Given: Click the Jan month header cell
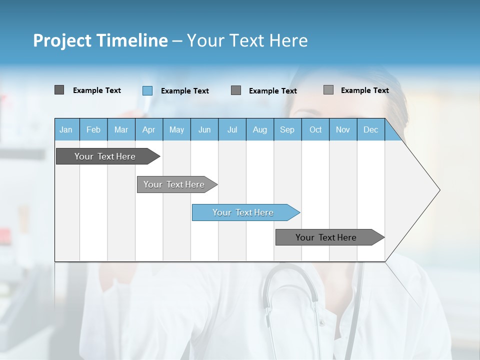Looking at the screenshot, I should [66, 129].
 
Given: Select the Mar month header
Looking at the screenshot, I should [121, 129].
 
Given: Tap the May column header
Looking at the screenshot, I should [176, 129].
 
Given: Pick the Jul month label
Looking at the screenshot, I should [232, 129].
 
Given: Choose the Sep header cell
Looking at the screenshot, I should [287, 129].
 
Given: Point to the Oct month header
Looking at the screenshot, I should [315, 129].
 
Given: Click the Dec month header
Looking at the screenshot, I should [370, 129].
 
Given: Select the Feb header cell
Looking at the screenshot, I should [93, 129].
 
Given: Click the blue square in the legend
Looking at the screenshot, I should [147, 90].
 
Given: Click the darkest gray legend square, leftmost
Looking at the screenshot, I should [59, 90].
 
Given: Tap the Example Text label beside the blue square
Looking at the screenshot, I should [185, 91].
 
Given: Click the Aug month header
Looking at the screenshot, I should [260, 129].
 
